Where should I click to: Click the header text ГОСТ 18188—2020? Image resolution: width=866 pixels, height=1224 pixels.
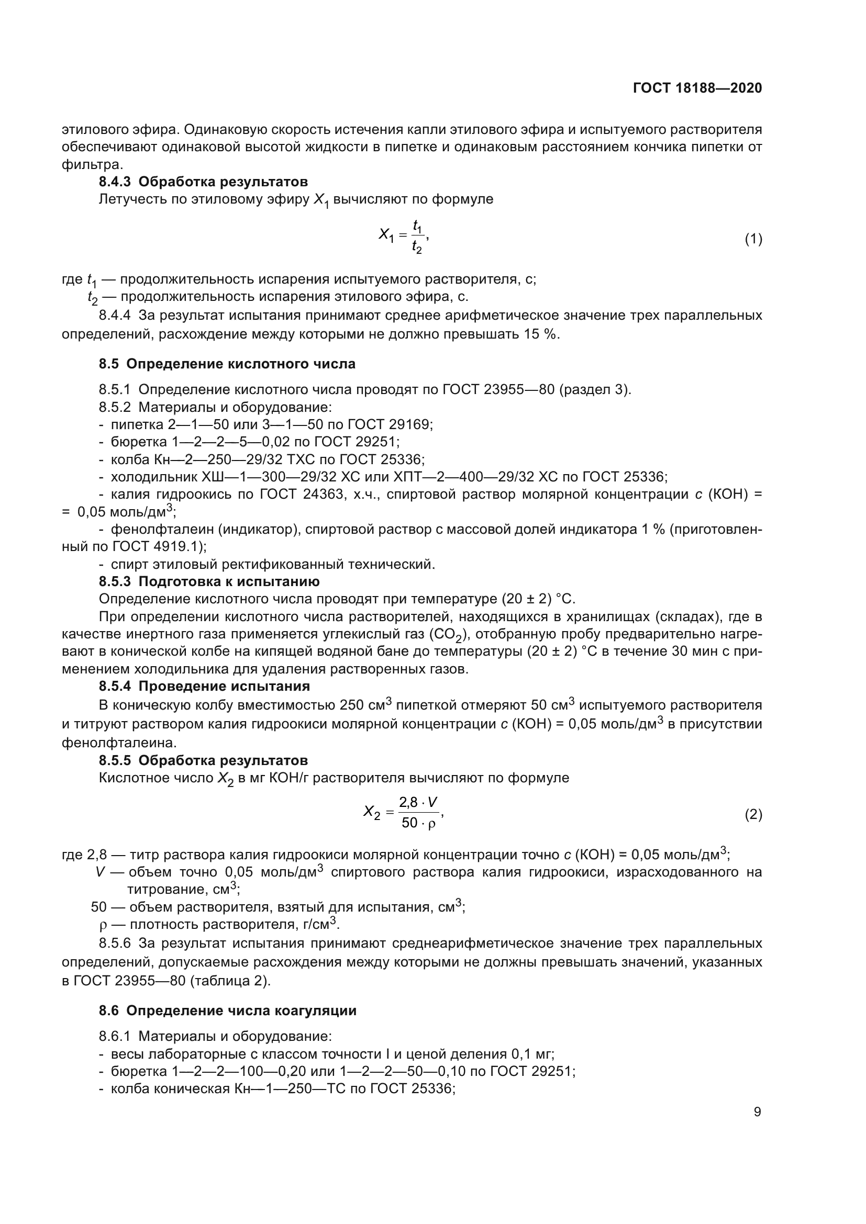click(697, 88)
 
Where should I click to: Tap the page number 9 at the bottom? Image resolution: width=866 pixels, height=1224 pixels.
click(757, 1112)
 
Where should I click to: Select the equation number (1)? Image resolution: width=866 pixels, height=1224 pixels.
click(753, 239)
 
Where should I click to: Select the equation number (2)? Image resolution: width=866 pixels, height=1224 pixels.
click(753, 815)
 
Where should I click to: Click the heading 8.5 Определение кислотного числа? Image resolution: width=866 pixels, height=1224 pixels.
click(227, 364)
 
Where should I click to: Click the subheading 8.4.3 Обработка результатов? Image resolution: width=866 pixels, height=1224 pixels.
click(203, 182)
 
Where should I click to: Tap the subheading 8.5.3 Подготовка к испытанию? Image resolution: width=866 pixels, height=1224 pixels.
click(209, 581)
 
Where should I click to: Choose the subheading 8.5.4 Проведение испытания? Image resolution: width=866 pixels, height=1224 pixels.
click(204, 686)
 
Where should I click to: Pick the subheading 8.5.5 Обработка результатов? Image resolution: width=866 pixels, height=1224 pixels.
click(203, 760)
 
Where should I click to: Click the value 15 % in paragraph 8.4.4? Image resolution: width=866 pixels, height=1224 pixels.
click(541, 334)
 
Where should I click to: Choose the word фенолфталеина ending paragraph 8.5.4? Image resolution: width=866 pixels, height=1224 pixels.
click(119, 742)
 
